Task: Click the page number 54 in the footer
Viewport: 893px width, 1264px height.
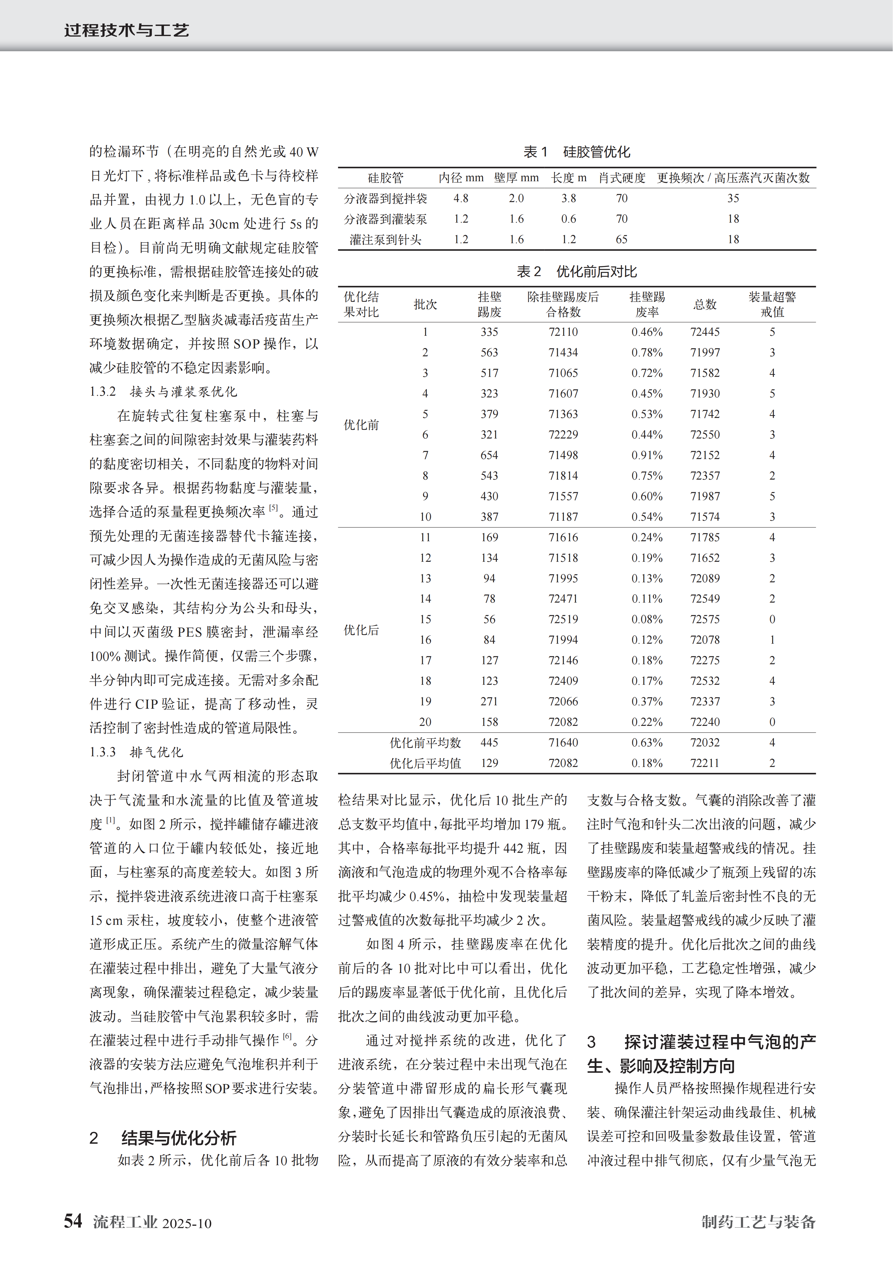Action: pos(73,1221)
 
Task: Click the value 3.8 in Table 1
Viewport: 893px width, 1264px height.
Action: pos(568,198)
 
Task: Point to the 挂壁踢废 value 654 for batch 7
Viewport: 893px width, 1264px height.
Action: pos(489,455)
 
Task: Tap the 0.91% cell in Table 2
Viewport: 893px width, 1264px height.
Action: pos(647,455)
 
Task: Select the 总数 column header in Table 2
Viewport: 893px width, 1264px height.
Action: pos(705,305)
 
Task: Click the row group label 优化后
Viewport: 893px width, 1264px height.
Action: pos(361,630)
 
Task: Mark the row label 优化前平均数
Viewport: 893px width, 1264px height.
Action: pos(425,743)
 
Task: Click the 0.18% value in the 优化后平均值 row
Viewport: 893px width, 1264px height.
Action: pos(647,763)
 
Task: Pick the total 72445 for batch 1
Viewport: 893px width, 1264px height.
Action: pos(705,332)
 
